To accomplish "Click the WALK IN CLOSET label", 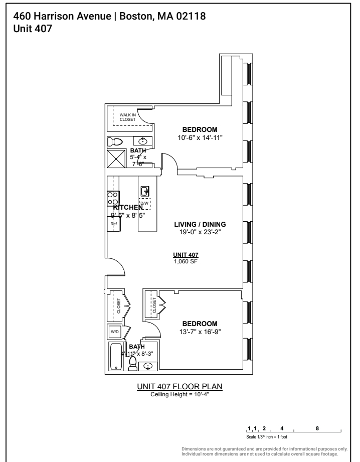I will coord(127,118).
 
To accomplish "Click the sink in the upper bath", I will coord(143,141).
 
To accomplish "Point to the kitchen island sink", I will coord(144,190).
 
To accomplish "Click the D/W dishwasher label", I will coord(144,203).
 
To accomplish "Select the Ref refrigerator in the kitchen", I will coord(113,224).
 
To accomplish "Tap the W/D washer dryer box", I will coord(115,332).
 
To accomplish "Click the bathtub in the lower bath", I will coord(116,357).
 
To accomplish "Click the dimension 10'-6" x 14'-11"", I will coord(200,137).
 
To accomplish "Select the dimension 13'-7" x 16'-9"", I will coord(200,331).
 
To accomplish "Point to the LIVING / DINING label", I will coord(200,224).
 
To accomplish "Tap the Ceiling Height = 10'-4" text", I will coord(179,394).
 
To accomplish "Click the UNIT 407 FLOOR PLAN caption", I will coord(179,387).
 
